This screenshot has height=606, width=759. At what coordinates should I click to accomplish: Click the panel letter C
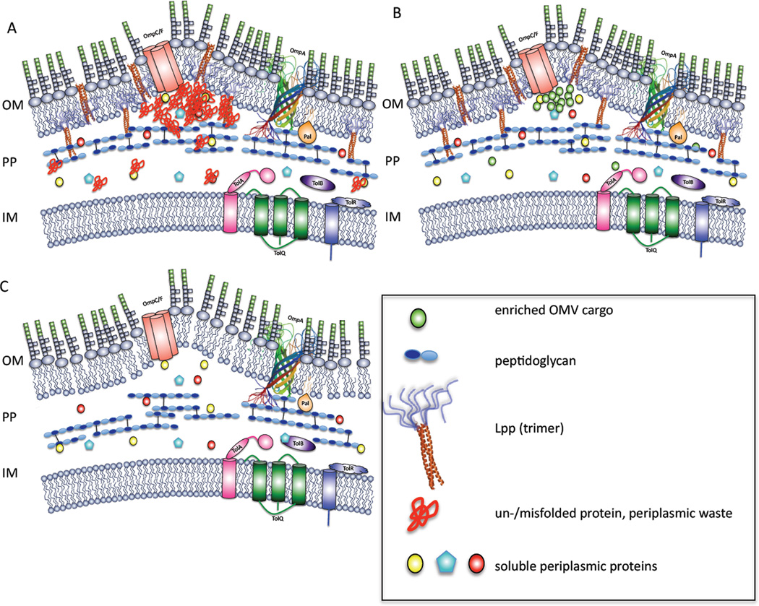7,287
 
